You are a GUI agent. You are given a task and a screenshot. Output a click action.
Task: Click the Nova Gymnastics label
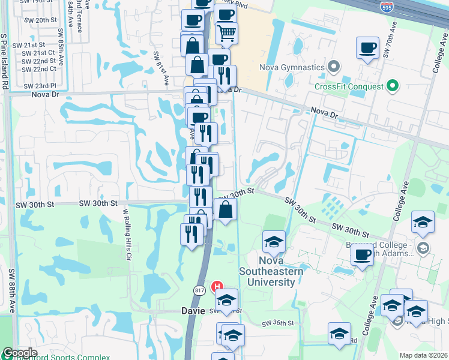tap(292, 67)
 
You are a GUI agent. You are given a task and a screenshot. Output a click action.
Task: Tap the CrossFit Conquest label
tap(349, 86)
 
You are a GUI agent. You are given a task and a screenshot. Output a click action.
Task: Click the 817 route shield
tap(199, 290)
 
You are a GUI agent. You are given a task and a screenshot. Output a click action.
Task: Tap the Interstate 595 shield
tap(388, 7)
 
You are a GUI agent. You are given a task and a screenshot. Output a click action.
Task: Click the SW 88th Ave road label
tap(11, 291)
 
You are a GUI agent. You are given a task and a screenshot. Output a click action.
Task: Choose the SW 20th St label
tap(46, 20)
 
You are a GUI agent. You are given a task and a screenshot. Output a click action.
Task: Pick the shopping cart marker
tap(226, 34)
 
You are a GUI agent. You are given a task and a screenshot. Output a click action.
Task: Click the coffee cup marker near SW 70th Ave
tap(367, 47)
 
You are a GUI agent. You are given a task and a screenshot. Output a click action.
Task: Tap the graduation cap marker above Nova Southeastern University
tap(274, 241)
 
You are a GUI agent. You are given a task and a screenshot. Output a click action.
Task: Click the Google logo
tap(20, 353)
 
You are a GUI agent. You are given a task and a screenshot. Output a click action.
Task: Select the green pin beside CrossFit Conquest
tap(393, 86)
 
